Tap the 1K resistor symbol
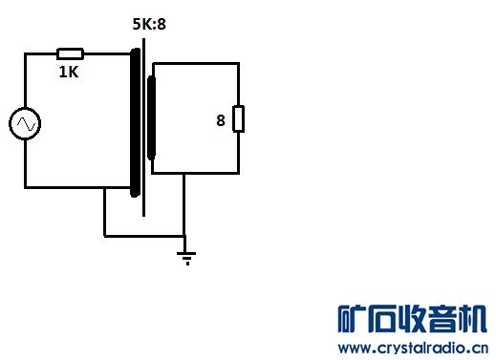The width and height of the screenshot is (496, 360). coord(70,53)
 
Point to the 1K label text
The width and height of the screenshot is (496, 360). coord(69,72)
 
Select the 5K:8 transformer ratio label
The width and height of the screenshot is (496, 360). coord(149,24)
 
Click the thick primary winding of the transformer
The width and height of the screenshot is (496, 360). coord(136,122)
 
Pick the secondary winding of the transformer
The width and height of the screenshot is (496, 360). coord(151,117)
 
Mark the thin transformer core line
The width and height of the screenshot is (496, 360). coord(144,127)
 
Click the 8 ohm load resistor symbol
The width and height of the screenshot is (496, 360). coord(238,118)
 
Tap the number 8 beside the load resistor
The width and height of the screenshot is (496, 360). coord(221,120)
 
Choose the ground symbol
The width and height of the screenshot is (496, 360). coord(186,258)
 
